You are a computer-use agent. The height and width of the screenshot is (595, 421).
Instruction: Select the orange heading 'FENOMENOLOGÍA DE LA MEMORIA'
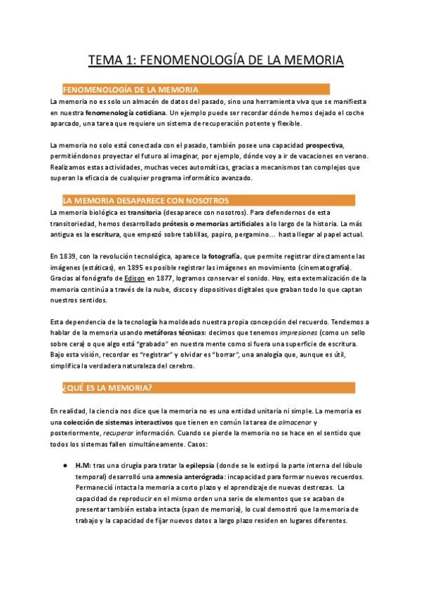coord(131,90)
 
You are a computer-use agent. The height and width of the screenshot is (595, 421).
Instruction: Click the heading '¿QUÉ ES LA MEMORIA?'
coord(102,388)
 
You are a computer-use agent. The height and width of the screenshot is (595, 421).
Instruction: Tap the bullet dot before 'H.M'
coord(65,465)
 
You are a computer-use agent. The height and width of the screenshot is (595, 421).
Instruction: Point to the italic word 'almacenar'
coord(294,421)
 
